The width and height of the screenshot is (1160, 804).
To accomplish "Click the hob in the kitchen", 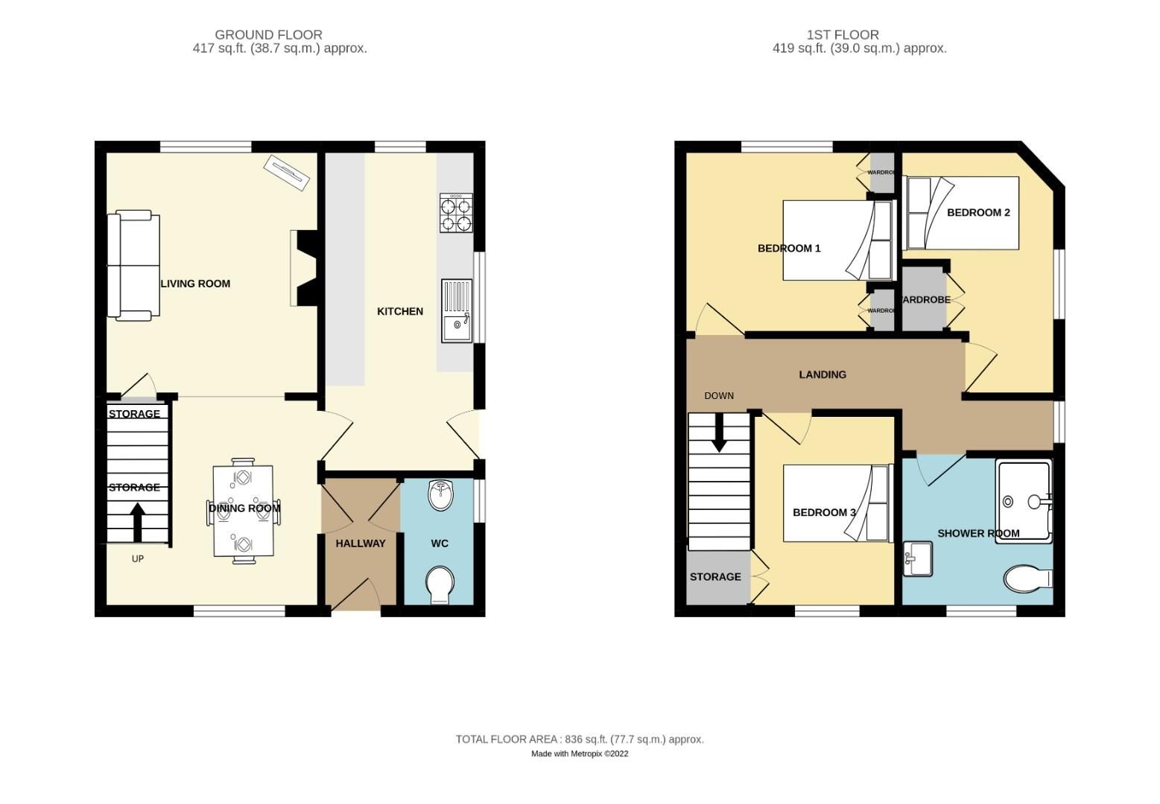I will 456,213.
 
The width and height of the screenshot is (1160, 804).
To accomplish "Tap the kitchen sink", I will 456,310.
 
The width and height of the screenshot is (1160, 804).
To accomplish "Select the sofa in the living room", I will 133,265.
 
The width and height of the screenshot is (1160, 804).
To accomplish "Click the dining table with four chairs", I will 243,510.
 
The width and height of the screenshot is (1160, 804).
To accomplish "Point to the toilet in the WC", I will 440,585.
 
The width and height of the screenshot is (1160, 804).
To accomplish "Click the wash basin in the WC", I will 441,496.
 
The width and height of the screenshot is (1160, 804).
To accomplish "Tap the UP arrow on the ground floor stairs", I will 137,522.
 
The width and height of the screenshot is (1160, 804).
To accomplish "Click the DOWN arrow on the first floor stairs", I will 719,433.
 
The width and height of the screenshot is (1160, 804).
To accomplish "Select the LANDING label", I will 822,374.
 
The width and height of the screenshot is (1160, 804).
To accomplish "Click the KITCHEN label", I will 399,311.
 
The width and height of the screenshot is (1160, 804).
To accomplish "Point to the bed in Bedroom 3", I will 837,503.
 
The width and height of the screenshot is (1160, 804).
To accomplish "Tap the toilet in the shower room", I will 1027,578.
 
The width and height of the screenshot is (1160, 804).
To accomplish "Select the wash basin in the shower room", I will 918,558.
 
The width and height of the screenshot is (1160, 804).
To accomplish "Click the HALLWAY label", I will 360,543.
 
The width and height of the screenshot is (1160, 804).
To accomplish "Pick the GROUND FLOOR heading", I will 268,34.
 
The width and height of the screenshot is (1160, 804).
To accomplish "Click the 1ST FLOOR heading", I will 842,34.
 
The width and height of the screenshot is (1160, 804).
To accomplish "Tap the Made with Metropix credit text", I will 579,753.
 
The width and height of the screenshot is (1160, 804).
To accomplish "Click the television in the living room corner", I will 286,173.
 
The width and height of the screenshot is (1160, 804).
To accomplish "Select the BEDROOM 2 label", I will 977,212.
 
